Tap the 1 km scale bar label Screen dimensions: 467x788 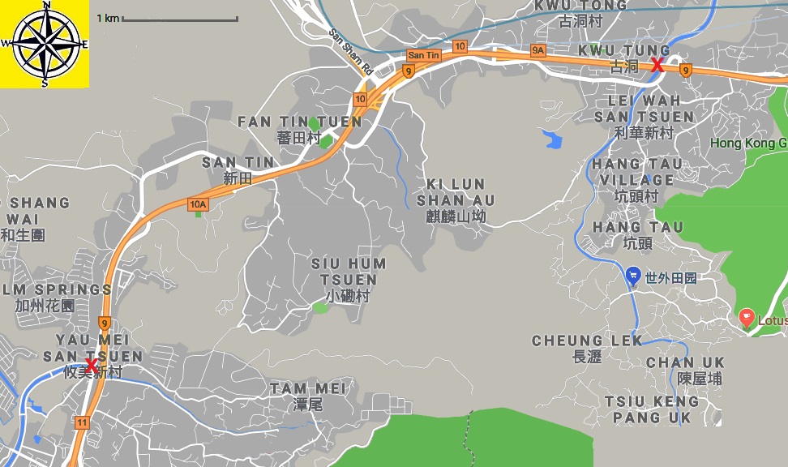click(x=108, y=18)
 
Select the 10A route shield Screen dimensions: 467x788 click(x=198, y=204)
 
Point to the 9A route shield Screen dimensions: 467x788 click(x=538, y=51)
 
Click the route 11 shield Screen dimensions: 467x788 click(x=82, y=422)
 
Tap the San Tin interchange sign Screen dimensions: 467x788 click(x=424, y=55)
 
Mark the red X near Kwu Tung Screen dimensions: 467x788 click(x=657, y=65)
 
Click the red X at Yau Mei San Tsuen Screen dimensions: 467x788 click(x=92, y=366)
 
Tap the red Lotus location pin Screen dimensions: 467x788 click(x=747, y=319)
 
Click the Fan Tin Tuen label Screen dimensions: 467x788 click(x=300, y=129)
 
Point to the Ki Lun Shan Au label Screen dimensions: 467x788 click(x=455, y=199)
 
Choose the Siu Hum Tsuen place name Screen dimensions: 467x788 click(x=349, y=280)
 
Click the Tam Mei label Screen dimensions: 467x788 click(x=307, y=396)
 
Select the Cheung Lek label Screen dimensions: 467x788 click(x=587, y=348)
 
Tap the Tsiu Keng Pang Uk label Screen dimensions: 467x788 click(x=651, y=409)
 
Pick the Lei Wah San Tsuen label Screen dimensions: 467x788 click(x=645, y=116)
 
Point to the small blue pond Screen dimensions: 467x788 click(x=552, y=139)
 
